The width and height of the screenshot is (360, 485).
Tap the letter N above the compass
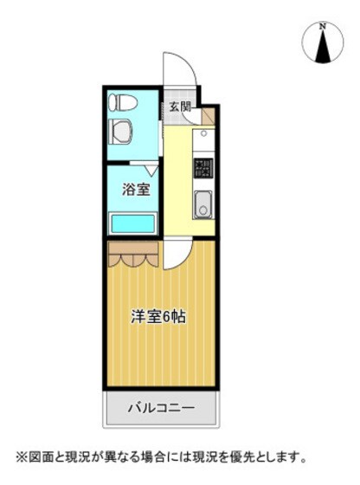[x=323, y=26]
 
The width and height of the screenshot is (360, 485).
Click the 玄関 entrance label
[x=180, y=107]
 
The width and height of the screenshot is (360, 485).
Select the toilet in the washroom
[x=122, y=104]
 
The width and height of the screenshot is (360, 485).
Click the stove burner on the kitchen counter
[x=203, y=167]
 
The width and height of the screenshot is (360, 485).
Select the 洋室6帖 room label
[x=158, y=316]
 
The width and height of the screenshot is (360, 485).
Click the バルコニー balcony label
[x=161, y=407]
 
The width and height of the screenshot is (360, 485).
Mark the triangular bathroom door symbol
[x=151, y=171]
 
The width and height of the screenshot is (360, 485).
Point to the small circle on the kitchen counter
[x=204, y=134]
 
